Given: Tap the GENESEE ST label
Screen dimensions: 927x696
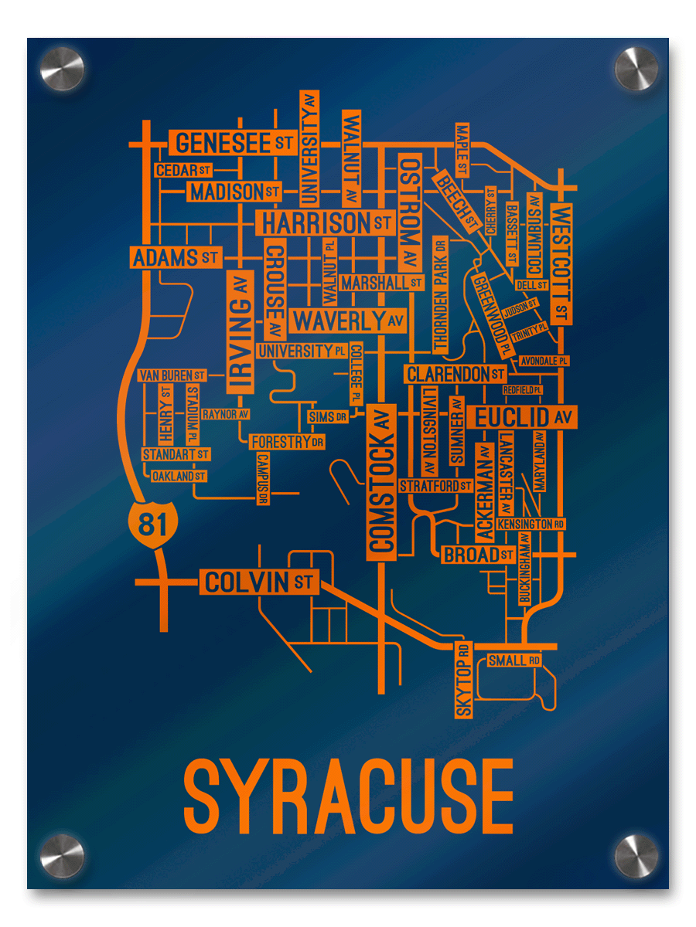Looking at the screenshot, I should pos(233,142).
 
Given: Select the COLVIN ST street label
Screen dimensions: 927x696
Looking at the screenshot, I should pos(259,582).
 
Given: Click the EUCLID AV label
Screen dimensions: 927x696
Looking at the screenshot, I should pos(523,418).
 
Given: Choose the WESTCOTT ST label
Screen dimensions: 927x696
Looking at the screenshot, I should pos(562,263).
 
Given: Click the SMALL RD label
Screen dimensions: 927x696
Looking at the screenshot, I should pos(513,660).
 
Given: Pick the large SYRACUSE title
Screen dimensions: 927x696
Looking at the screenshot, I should pos(349,796).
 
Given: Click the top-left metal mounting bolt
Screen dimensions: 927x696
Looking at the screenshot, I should pos(62,70).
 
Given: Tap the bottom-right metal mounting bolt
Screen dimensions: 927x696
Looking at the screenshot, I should pos(636,856).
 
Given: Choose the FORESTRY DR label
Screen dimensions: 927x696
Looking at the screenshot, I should pos(286,442).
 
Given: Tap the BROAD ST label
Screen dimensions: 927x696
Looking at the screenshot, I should pos(477,555).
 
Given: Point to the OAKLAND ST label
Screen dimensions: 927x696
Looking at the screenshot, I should pos(179,476).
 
